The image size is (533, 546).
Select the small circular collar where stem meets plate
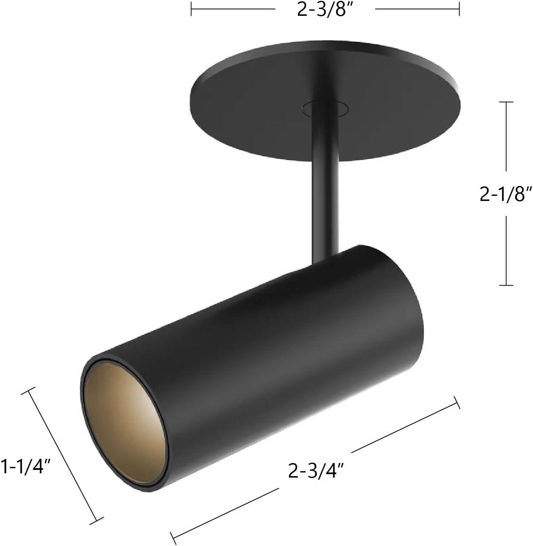click(324, 109)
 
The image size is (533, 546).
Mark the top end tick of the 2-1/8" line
click(506, 102)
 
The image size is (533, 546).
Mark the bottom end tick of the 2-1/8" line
click(506, 285)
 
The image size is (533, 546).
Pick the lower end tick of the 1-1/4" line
click(98, 520)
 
